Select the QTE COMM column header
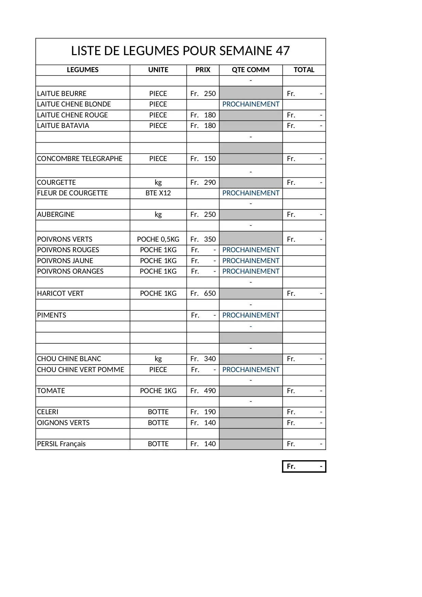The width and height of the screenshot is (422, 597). click(x=251, y=70)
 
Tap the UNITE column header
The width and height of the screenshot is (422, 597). click(x=158, y=70)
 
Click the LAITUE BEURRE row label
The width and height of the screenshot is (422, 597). click(x=62, y=94)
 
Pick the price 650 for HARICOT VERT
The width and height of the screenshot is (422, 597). click(x=210, y=293)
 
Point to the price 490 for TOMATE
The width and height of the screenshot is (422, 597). click(x=210, y=391)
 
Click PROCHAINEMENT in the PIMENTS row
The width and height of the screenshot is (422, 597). click(x=251, y=315)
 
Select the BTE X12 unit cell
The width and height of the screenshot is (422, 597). click(x=158, y=193)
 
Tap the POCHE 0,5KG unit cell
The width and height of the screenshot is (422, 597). click(x=158, y=239)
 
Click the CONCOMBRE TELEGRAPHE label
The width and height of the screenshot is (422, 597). click(x=80, y=159)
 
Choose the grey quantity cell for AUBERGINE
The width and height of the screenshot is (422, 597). click(x=251, y=214)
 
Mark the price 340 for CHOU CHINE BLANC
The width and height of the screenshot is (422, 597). click(x=210, y=359)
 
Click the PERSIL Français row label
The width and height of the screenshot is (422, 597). click(x=61, y=444)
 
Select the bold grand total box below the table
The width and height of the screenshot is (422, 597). click(x=304, y=466)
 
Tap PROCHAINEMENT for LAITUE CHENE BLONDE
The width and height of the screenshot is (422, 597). click(x=251, y=104)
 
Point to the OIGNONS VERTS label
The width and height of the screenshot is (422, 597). click(x=63, y=423)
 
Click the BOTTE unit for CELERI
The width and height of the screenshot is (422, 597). click(x=158, y=412)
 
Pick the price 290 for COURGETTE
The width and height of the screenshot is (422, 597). click(x=210, y=182)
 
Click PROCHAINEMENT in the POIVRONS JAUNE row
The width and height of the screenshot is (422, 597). click(x=251, y=261)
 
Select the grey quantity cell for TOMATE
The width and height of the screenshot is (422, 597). click(x=251, y=391)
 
